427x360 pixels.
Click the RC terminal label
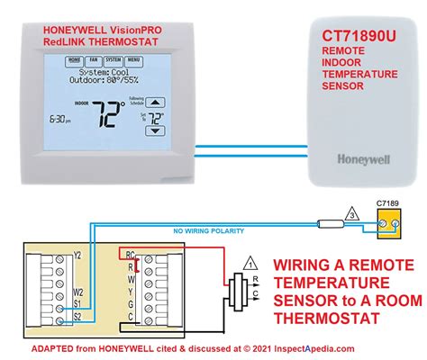point(131,255)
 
